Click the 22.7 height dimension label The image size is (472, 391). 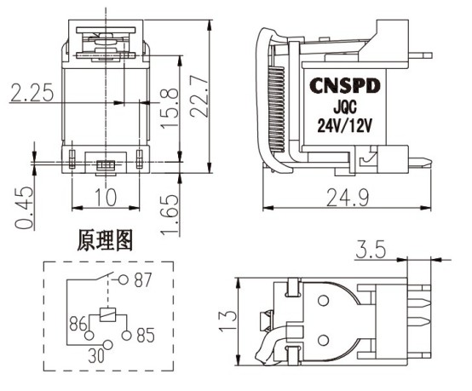[199, 95]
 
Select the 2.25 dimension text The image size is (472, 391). [32, 92]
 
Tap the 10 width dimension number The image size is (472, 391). [106, 197]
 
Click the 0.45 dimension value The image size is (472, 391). [24, 208]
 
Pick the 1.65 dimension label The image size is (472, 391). [170, 215]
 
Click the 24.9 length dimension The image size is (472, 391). [348, 198]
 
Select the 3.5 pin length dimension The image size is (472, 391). [371, 250]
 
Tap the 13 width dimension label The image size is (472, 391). [227, 321]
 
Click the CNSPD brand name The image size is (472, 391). [345, 86]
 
